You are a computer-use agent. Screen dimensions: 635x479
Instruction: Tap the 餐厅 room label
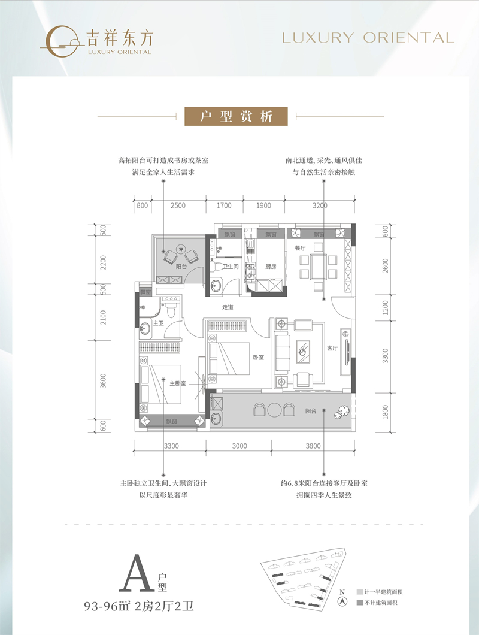click(x=300, y=247)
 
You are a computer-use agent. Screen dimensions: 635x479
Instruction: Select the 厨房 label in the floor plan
click(x=271, y=267)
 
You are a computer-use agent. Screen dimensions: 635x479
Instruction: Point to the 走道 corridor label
click(x=228, y=307)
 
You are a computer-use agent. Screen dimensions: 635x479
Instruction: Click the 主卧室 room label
click(x=177, y=383)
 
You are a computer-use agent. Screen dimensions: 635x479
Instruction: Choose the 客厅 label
click(x=333, y=348)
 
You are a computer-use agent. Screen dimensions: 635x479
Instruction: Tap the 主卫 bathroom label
click(x=159, y=323)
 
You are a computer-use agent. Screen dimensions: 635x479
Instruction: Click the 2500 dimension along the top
click(x=178, y=205)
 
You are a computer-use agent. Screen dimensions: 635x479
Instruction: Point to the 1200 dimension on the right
click(x=386, y=307)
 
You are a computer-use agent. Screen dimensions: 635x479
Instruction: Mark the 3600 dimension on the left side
click(x=103, y=380)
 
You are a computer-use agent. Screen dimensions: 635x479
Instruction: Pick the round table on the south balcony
click(x=275, y=410)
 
